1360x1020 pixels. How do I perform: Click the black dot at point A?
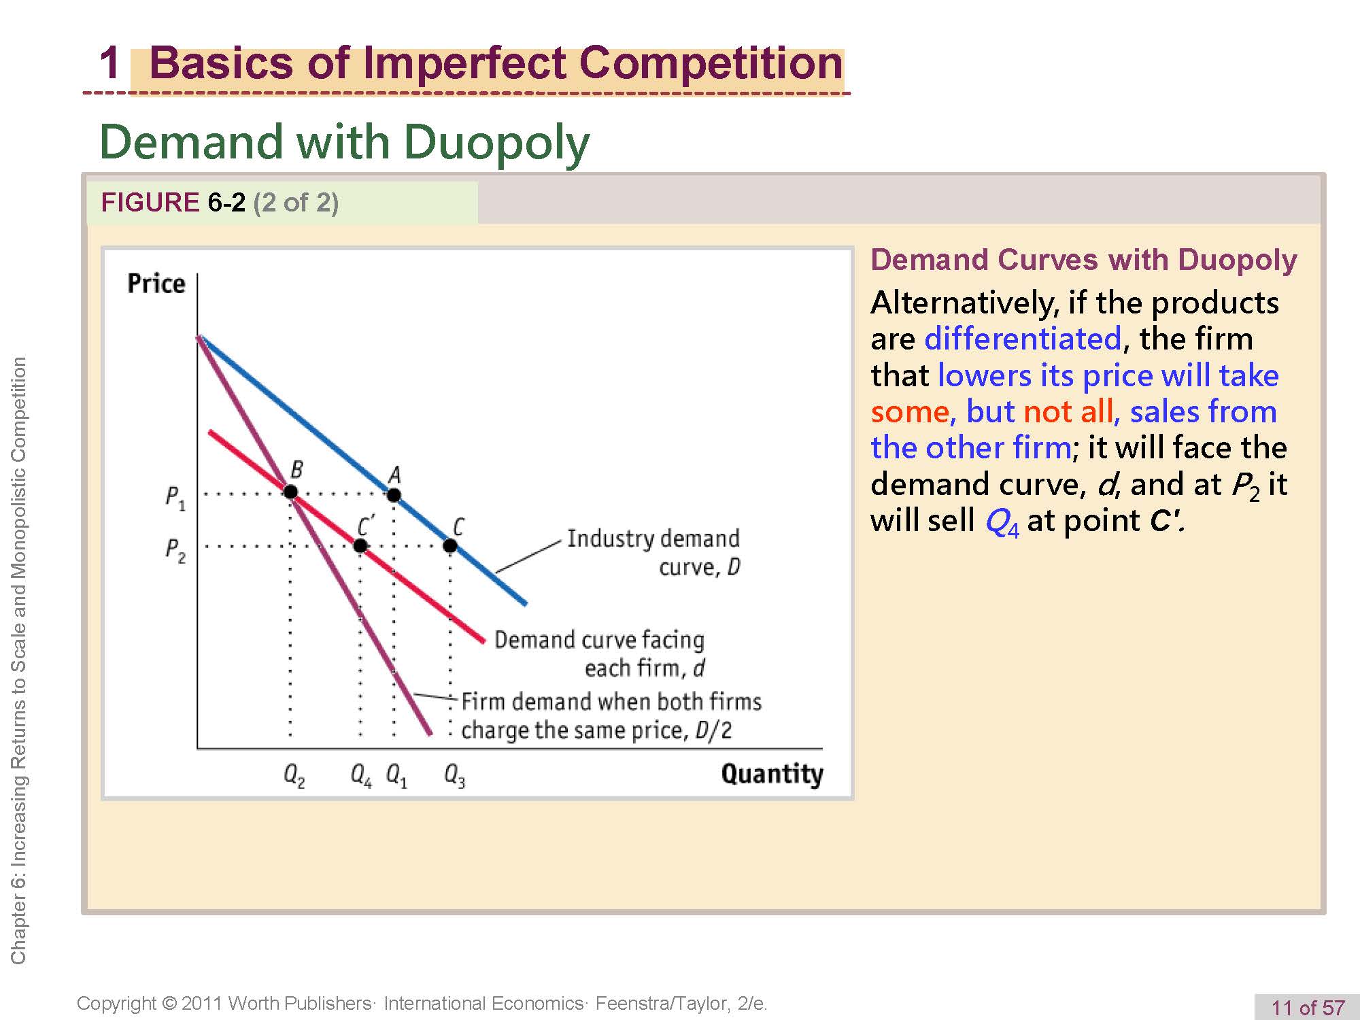pos(394,495)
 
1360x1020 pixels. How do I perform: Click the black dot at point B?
pos(290,492)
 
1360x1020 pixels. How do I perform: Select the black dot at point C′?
pos(360,545)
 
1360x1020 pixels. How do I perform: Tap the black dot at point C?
pos(450,545)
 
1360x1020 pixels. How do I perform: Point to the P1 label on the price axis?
pos(175,498)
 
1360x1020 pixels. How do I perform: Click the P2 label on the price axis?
pos(175,550)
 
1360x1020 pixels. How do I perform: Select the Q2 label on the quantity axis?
pos(294,775)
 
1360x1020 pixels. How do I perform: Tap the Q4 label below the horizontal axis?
pos(361,775)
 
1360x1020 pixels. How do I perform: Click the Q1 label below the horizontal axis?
pos(396,775)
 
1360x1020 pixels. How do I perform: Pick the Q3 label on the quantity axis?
pos(454,775)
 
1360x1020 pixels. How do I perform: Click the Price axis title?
pos(156,283)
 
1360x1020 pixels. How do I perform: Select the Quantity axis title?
pos(772,775)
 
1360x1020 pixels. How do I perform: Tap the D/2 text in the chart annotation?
pos(713,730)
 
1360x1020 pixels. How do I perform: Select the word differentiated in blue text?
pos(1023,339)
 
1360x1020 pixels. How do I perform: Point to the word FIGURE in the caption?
pos(150,203)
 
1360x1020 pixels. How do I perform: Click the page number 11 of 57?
pos(1308,1007)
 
